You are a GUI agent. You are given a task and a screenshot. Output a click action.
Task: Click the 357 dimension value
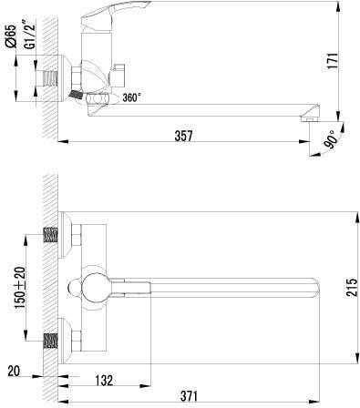[183, 136]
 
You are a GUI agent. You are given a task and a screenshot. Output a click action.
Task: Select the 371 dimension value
[189, 396]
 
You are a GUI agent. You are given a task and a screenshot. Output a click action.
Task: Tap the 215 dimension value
[353, 287]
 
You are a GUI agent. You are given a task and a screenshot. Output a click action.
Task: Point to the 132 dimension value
[104, 380]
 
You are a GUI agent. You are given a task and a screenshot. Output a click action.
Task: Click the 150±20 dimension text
[21, 287]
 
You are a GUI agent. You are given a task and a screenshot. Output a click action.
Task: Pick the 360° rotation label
[132, 97]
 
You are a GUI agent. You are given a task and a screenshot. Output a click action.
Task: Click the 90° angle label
[331, 139]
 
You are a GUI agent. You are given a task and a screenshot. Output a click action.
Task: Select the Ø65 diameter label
[11, 36]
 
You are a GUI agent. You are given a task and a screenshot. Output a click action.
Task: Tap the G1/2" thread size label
[30, 33]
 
